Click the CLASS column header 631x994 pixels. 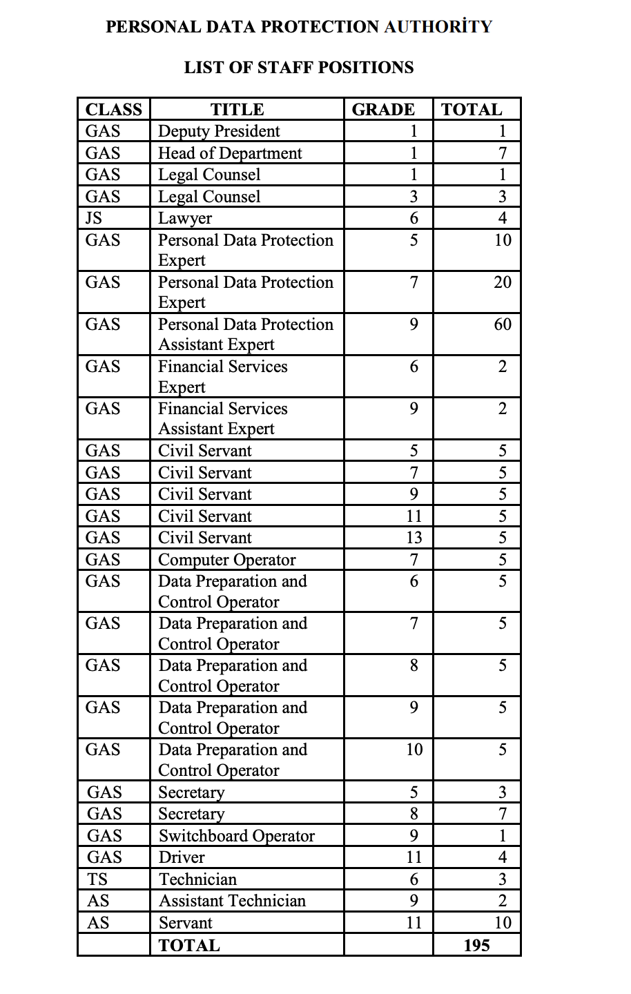tap(113, 110)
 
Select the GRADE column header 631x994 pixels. tap(383, 110)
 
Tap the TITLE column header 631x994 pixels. tap(237, 110)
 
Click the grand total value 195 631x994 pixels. tap(476, 945)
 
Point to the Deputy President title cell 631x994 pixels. tap(219, 131)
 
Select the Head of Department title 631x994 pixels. tap(230, 153)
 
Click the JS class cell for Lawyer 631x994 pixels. tap(93, 218)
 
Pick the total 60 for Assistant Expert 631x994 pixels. tap(503, 324)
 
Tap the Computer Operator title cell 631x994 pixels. tap(226, 560)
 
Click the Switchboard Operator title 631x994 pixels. tap(236, 836)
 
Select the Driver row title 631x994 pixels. tap(182, 857)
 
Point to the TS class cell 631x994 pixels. tap(97, 879)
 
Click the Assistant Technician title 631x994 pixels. tap(232, 901)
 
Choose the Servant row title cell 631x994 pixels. tap(185, 923)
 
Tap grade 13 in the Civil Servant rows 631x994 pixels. tap(414, 538)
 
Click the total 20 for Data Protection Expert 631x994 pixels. tap(503, 282)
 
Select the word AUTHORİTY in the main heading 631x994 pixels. tap(438, 27)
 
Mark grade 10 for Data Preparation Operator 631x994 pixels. tap(414, 750)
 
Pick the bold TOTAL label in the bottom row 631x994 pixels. tap(189, 946)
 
